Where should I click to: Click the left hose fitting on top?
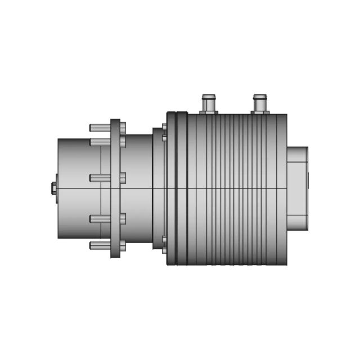(209, 102)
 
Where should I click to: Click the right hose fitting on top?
(259, 102)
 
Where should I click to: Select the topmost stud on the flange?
(100, 128)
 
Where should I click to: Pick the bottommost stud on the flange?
(100, 245)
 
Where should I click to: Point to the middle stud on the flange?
(100, 178)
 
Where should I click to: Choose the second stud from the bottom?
(100, 219)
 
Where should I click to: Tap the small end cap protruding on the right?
(298, 188)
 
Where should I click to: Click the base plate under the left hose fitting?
(209, 112)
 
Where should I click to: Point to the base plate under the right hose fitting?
(259, 112)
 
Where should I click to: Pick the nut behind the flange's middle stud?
(123, 178)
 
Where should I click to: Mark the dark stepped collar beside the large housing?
(158, 188)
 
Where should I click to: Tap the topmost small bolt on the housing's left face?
(164, 127)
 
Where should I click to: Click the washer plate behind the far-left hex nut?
(57, 188)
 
